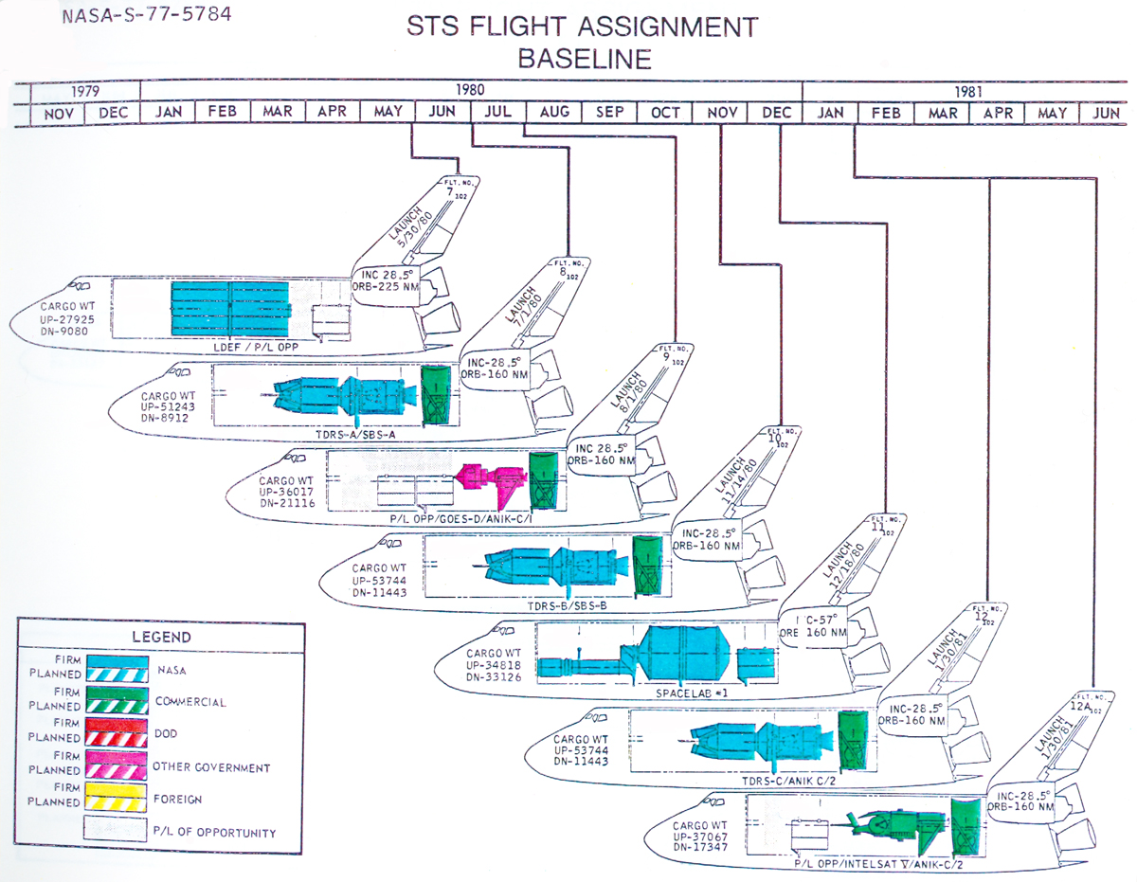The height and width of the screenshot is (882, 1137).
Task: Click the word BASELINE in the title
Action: (x=585, y=59)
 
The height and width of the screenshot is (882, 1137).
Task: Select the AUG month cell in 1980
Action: (x=554, y=113)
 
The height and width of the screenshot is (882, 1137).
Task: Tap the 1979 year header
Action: (x=85, y=92)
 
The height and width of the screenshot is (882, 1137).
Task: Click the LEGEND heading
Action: (x=162, y=637)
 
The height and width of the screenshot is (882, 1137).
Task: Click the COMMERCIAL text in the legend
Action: (x=189, y=702)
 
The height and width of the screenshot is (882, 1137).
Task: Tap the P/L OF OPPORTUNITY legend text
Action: (x=214, y=833)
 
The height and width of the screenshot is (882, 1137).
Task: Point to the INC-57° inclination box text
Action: (x=820, y=620)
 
